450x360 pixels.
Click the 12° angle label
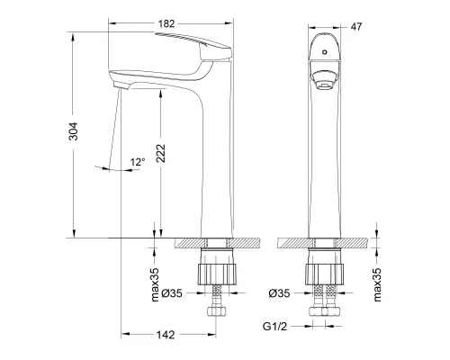click(x=137, y=162)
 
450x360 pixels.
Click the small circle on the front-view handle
click(x=321, y=55)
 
